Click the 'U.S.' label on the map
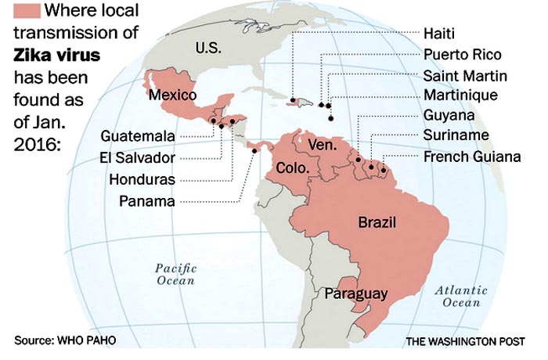208,48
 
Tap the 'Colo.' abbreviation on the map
292,168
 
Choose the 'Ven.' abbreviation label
322,145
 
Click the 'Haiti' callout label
438,34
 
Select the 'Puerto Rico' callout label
462,56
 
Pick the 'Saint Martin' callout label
465,76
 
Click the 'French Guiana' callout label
472,157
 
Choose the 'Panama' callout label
147,201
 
